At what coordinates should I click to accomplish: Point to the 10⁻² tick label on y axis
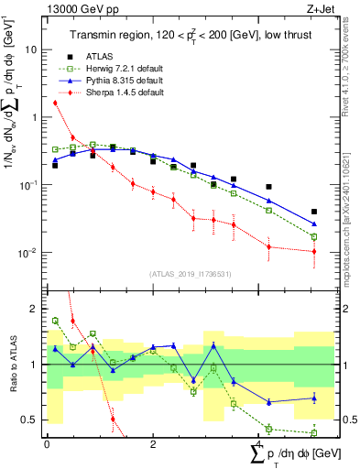pyautogui.click(x=30, y=253)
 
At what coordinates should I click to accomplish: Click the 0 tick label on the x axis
pyautogui.click(x=47, y=444)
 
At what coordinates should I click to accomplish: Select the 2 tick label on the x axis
pyautogui.click(x=153, y=444)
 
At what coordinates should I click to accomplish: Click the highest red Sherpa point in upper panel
pyautogui.click(x=55, y=103)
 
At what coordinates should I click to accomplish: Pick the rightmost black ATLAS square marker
pyautogui.click(x=314, y=212)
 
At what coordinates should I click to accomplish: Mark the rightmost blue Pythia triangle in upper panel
pyautogui.click(x=314, y=224)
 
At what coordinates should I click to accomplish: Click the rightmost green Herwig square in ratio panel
pyautogui.click(x=314, y=432)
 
